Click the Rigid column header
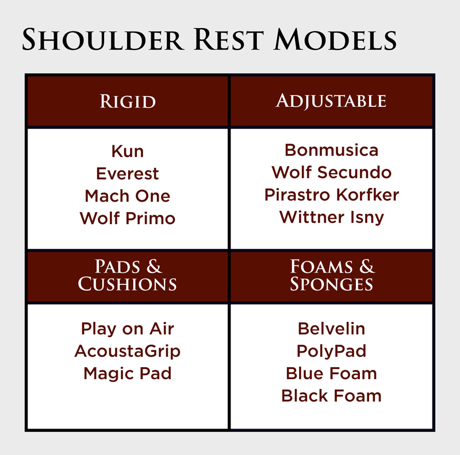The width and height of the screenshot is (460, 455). (x=128, y=102)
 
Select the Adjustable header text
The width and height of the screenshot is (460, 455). (x=331, y=101)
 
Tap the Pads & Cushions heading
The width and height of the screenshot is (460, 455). (x=128, y=275)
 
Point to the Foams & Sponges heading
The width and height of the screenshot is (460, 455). (x=332, y=275)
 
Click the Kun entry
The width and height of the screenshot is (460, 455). (x=128, y=151)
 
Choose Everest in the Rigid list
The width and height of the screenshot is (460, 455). (x=128, y=173)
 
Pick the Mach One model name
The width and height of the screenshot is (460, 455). (x=128, y=196)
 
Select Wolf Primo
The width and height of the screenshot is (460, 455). (x=128, y=218)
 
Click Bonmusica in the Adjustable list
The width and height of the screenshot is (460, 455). (x=332, y=150)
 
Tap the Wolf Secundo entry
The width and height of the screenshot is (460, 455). (x=332, y=172)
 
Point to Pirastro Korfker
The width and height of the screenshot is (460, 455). (x=332, y=195)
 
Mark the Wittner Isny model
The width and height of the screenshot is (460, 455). (x=332, y=218)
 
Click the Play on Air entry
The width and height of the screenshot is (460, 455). (x=128, y=329)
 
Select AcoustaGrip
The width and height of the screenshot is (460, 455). (x=128, y=351)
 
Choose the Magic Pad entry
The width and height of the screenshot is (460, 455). (x=128, y=374)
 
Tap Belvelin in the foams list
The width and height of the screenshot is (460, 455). (x=332, y=329)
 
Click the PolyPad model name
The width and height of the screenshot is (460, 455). (x=332, y=351)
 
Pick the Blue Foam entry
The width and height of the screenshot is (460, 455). (x=332, y=373)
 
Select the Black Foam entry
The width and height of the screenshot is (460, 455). (x=332, y=396)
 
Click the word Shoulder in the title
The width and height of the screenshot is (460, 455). (x=103, y=40)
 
